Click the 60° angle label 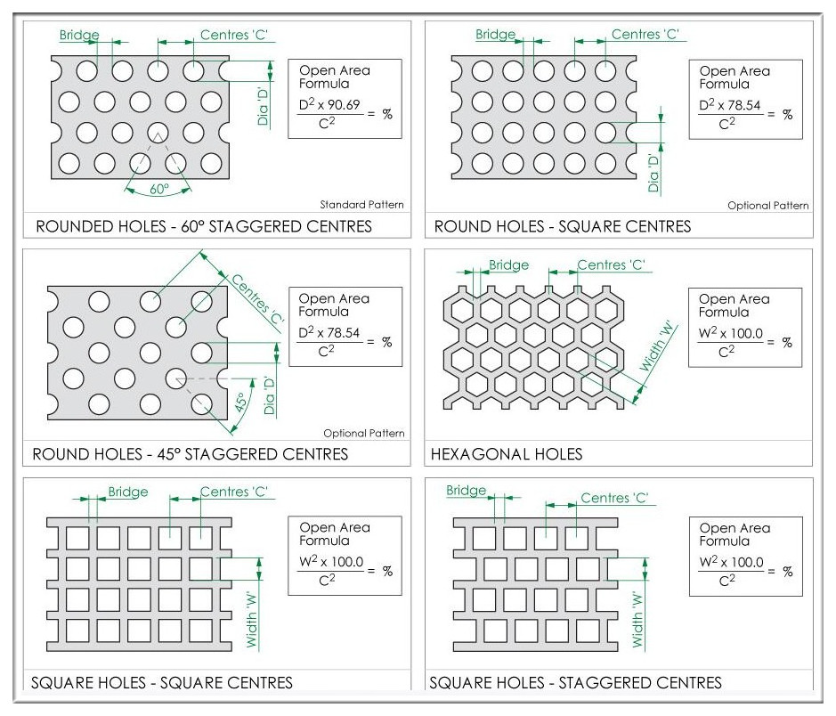[158, 189]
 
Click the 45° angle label [240, 402]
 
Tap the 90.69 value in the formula [345, 104]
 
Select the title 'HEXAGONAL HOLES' [507, 454]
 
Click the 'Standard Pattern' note [361, 204]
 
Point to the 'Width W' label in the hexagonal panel [658, 347]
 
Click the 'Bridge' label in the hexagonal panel [508, 265]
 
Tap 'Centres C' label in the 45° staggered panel [258, 298]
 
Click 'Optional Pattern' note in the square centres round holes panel [767, 205]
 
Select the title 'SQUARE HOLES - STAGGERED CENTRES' [575, 683]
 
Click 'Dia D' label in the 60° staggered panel [263, 106]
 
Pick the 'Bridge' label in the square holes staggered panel [466, 490]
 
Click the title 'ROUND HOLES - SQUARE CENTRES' [563, 226]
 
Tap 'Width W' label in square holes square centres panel [252, 620]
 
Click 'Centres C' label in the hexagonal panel [611, 265]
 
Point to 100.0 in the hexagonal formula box [746, 334]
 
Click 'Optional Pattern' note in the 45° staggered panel [363, 433]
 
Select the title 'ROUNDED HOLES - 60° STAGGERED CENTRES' [204, 226]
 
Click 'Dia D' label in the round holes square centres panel [653, 173]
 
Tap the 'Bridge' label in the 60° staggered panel [79, 36]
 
